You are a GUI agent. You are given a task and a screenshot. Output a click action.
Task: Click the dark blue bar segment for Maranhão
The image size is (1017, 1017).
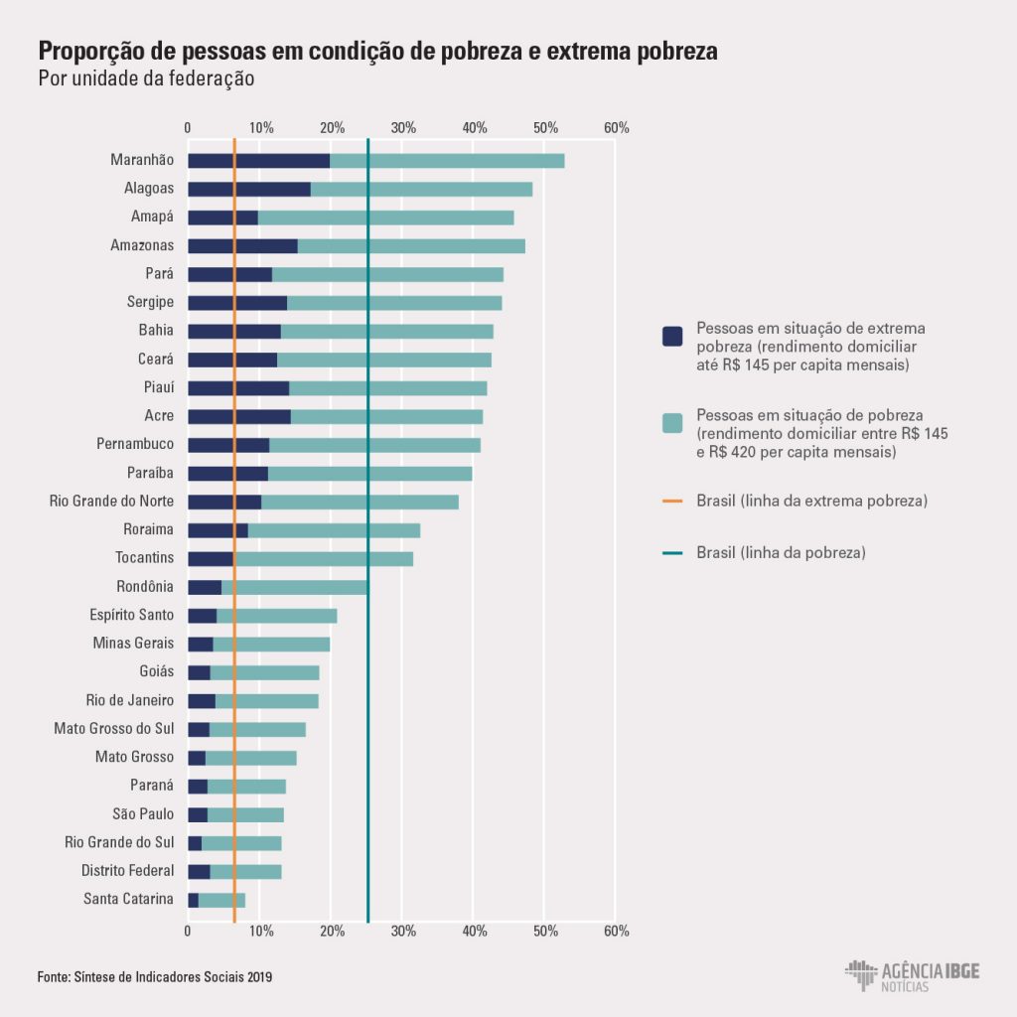click(x=258, y=160)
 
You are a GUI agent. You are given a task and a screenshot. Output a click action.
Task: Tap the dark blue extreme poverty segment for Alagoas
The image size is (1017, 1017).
click(x=248, y=189)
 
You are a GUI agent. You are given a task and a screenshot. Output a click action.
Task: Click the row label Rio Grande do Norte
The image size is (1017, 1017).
click(x=111, y=502)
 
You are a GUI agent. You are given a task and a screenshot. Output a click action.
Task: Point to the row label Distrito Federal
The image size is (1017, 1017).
click(x=127, y=871)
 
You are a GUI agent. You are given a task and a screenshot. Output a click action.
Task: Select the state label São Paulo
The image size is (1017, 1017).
click(x=143, y=814)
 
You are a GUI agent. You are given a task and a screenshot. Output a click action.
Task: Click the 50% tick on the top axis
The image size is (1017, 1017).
click(x=545, y=128)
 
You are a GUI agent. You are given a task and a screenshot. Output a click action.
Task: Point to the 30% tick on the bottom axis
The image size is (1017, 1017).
click(x=402, y=931)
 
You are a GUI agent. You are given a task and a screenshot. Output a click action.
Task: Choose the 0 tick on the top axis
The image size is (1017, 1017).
click(x=188, y=128)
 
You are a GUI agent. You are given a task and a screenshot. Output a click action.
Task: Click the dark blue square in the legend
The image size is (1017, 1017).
click(x=672, y=336)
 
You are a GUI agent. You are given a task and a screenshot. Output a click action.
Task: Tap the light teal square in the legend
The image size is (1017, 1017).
click(x=672, y=422)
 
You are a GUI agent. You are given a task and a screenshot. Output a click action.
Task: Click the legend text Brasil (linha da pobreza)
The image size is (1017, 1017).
click(x=781, y=552)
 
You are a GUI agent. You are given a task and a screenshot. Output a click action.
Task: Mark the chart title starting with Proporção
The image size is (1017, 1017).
click(x=377, y=52)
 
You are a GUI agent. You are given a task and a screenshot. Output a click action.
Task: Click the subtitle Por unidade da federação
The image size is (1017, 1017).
click(x=146, y=78)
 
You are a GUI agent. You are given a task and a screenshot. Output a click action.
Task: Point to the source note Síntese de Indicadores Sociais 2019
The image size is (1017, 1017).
click(x=155, y=976)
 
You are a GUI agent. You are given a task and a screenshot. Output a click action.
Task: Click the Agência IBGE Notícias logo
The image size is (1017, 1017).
click(x=912, y=975)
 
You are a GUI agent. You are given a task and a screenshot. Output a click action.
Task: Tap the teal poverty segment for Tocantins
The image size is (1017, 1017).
click(x=324, y=559)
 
